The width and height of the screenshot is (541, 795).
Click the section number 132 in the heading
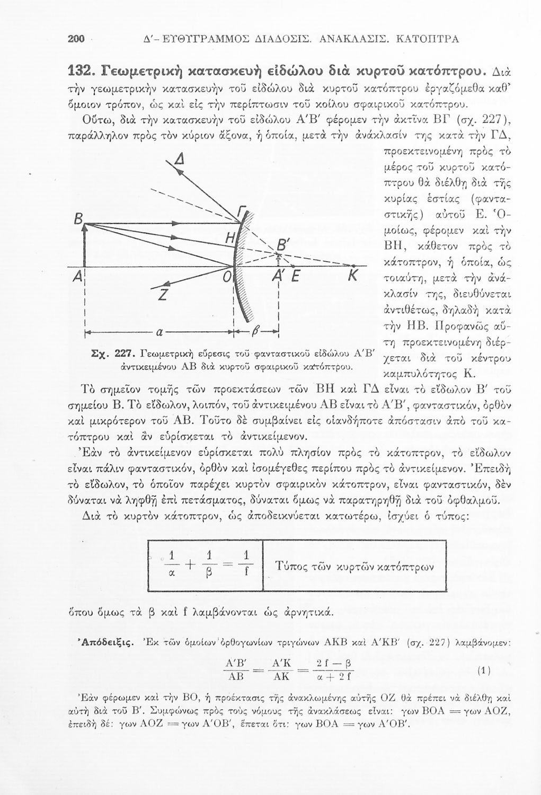pyautogui.click(x=82, y=69)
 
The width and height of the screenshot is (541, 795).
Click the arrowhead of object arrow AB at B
pyautogui.click(x=86, y=225)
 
